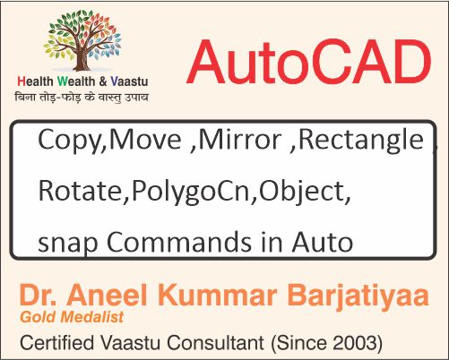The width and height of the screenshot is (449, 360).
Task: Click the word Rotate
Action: click(70, 191)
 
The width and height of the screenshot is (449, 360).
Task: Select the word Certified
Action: click(57, 341)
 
